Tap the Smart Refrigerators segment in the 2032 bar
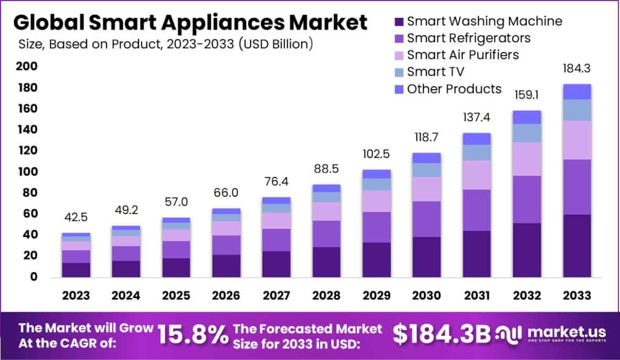coord(527,199)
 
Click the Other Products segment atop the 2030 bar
coord(427,158)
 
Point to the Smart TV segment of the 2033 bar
coord(577,110)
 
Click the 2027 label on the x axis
coord(276,295)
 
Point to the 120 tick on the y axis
coord(29,151)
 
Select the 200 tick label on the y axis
coord(29,66)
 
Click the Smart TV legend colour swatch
coord(398,72)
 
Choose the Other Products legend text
coord(454,89)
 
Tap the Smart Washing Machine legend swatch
coord(398,22)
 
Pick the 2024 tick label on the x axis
coord(126,295)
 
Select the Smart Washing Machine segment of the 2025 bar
coord(176,268)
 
